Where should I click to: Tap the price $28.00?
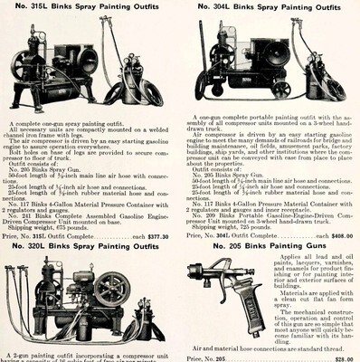pos(343,357)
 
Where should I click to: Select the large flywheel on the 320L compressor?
pos(113,288)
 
